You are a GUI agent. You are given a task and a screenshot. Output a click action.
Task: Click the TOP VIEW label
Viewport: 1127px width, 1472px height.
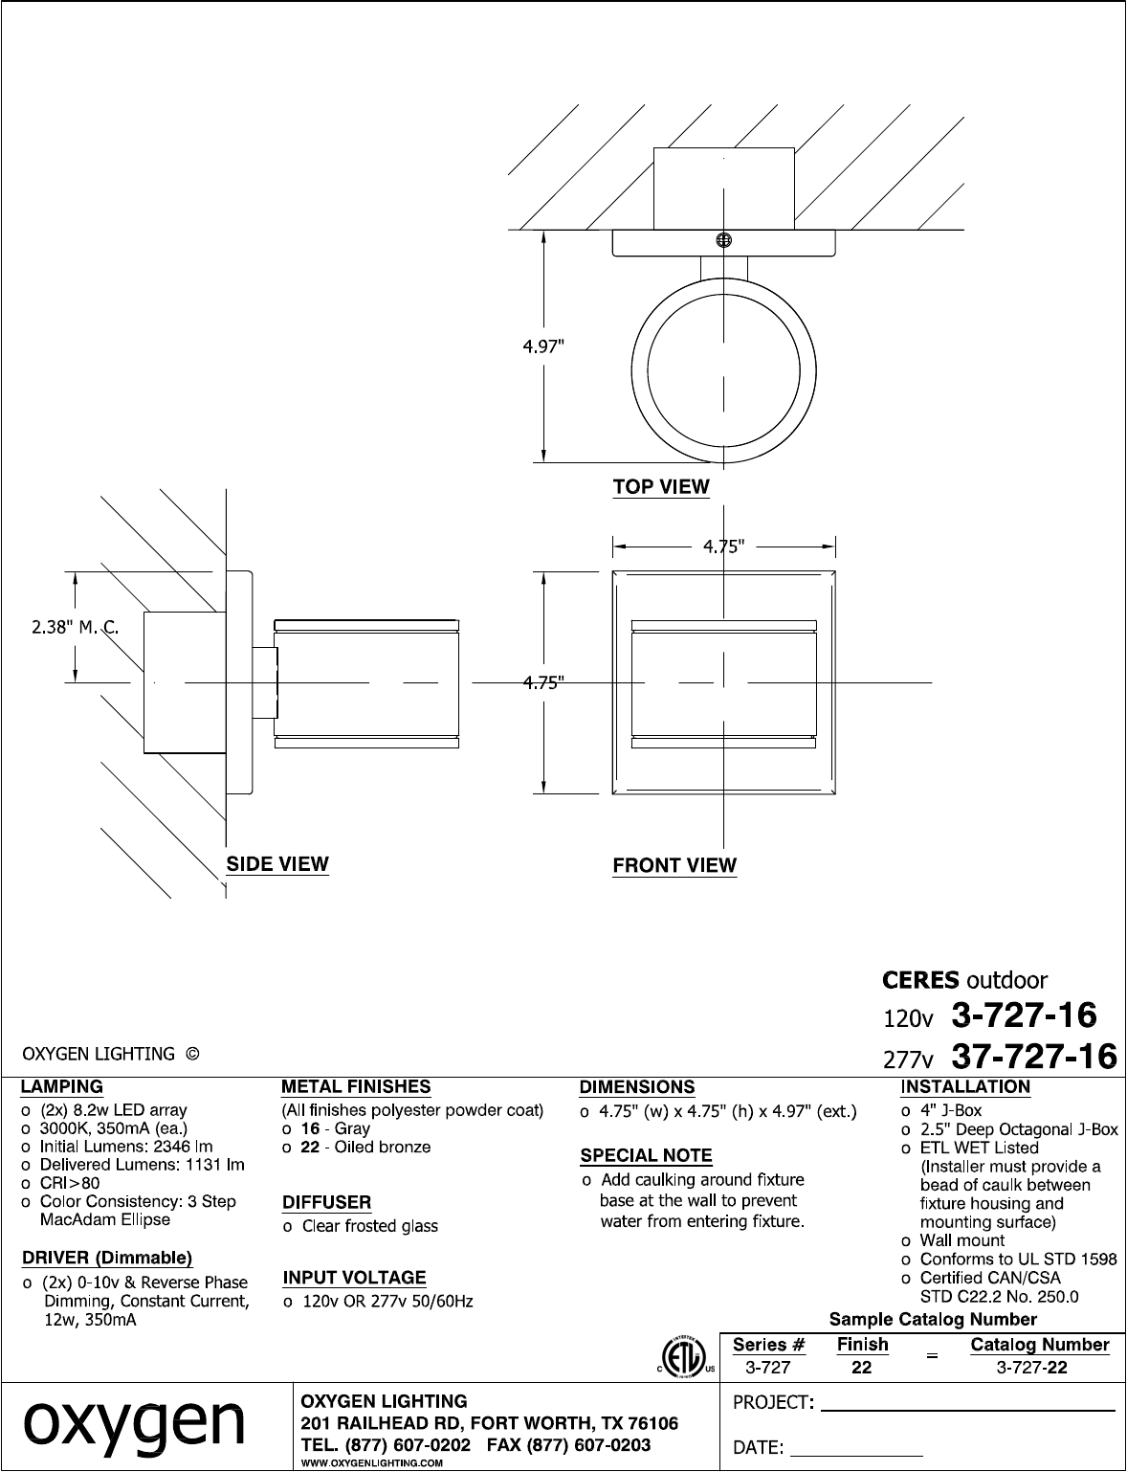pyautogui.click(x=661, y=486)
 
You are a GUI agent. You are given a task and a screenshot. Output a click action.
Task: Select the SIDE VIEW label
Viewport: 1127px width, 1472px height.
pyautogui.click(x=277, y=863)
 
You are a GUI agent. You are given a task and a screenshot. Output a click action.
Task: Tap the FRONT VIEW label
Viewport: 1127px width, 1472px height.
pyautogui.click(x=674, y=865)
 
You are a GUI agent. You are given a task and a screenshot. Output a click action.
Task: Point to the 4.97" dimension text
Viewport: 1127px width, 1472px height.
pyautogui.click(x=542, y=346)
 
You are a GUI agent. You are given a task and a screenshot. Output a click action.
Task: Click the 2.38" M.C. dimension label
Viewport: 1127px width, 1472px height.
pyautogui.click(x=76, y=627)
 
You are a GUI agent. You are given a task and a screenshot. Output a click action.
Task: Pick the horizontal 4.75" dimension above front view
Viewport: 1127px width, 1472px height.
pyautogui.click(x=723, y=546)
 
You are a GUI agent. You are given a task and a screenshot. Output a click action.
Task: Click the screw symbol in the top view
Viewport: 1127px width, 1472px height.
pyautogui.click(x=723, y=240)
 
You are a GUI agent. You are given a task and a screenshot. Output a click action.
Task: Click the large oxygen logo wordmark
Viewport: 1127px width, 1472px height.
pyautogui.click(x=134, y=1425)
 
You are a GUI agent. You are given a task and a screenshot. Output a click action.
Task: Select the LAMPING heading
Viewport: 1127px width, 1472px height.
pyautogui.click(x=61, y=1086)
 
